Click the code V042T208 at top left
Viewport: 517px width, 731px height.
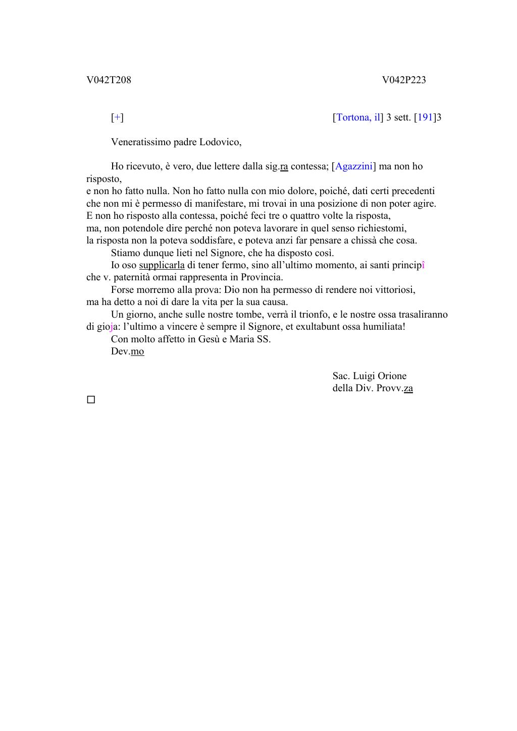pos(109,80)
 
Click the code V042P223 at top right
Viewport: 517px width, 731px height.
pos(404,80)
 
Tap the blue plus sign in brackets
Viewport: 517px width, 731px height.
pos(117,117)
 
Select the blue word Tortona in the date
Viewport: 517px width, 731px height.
pos(352,117)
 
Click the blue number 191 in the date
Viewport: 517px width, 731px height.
pos(425,117)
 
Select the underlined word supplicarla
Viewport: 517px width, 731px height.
pos(162,265)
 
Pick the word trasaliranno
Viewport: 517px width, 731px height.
pos(423,315)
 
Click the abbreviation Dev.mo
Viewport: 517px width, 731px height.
pos(127,351)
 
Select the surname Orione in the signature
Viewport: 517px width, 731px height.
pos(390,376)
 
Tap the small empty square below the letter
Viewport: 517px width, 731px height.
pos(91,400)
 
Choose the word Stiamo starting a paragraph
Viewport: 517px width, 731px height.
pos(125,253)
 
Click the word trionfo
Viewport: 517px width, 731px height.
pos(314,315)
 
